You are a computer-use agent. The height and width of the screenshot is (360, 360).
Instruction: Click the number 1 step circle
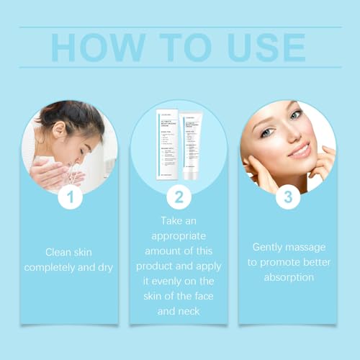70,197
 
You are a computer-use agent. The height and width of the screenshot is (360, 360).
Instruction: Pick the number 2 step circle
179,197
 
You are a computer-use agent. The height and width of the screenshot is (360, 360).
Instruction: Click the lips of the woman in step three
300,150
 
